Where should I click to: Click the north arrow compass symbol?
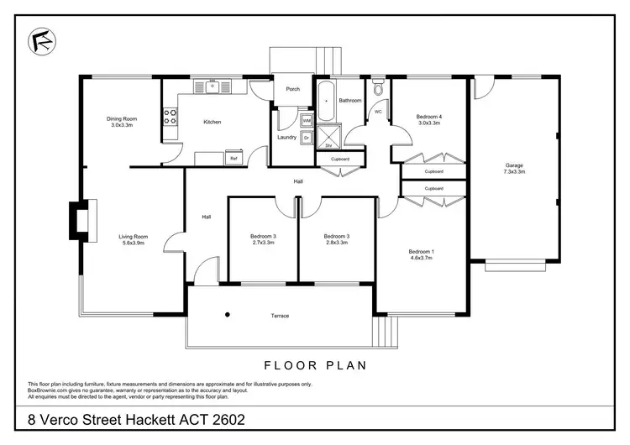[38, 40]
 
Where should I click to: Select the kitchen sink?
[213, 85]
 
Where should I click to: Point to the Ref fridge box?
[233, 157]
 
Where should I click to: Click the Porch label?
[292, 89]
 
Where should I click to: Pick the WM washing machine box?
[306, 121]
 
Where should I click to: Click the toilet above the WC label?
[379, 89]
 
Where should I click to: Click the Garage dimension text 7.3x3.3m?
[514, 171]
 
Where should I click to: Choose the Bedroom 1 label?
[420, 252]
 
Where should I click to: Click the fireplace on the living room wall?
[76, 220]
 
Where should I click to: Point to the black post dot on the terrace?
[227, 315]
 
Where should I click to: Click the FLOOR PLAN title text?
[315, 366]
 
